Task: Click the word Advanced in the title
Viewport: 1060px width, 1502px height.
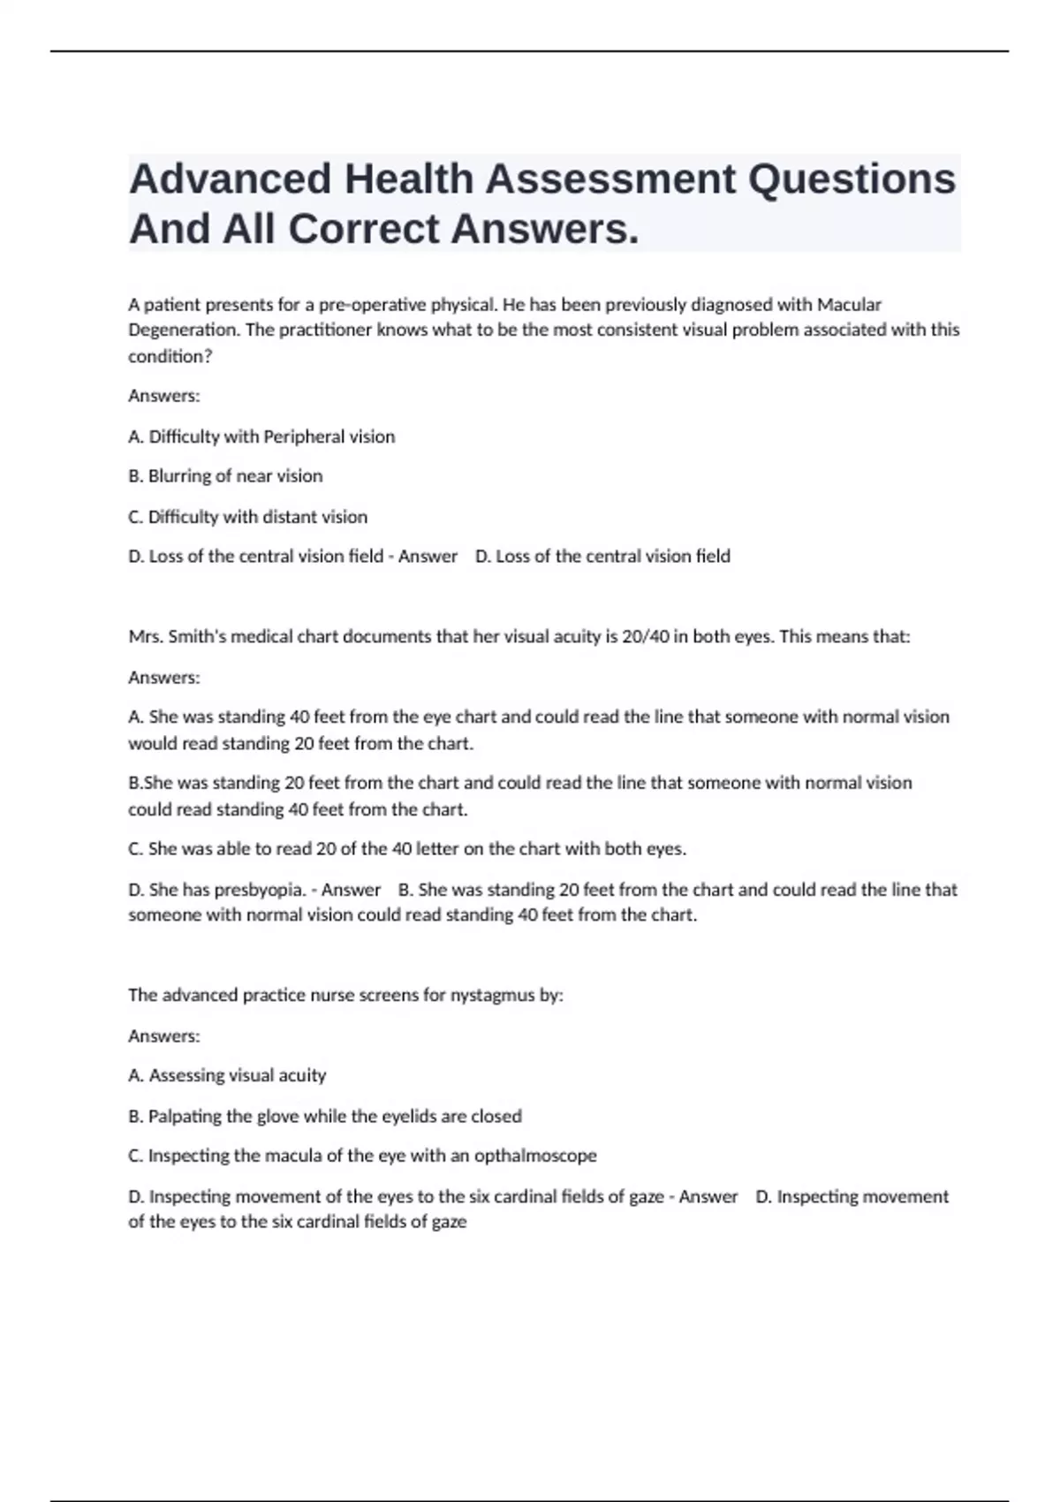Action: (x=231, y=179)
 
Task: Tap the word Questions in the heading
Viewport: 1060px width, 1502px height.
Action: (x=852, y=179)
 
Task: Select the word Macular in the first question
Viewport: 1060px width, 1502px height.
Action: (x=849, y=305)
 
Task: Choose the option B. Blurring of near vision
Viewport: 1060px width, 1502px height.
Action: (x=225, y=476)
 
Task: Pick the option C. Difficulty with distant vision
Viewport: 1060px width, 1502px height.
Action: (x=247, y=517)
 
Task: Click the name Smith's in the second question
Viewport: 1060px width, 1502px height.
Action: (x=197, y=636)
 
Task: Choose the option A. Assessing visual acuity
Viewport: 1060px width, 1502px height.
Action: (x=227, y=1075)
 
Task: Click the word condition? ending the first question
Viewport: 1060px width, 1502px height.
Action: (x=170, y=356)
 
